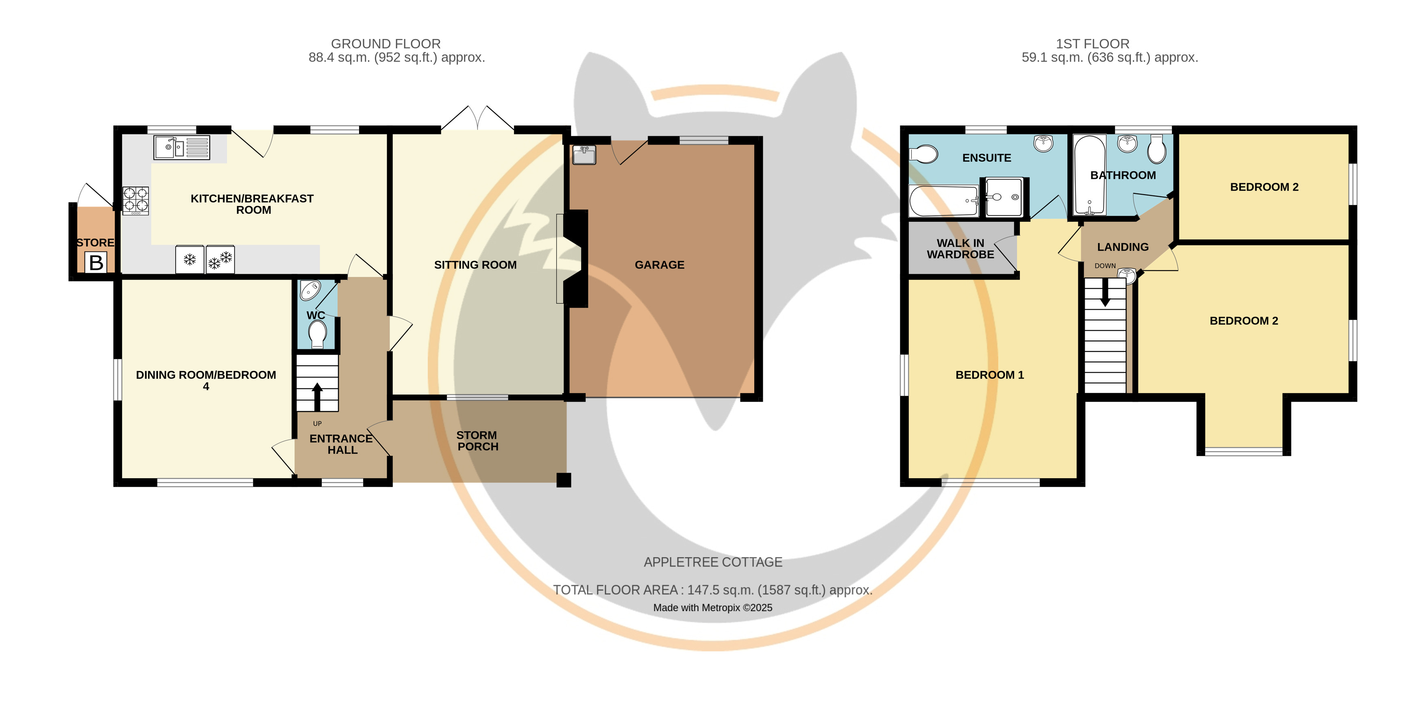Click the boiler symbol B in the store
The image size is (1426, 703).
tap(96, 262)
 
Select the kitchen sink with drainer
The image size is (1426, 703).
tap(182, 147)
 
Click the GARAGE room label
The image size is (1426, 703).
tap(659, 265)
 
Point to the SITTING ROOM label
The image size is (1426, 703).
tap(475, 265)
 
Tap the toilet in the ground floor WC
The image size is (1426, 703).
tap(317, 334)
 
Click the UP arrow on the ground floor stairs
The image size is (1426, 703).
tap(317, 397)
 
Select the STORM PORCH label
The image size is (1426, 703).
tap(477, 441)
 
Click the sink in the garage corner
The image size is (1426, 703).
tap(584, 155)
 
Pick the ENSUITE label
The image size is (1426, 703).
tap(986, 158)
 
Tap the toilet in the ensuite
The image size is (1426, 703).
tap(923, 154)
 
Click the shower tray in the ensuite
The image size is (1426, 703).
tap(1004, 197)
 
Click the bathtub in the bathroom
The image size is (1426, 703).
tap(1089, 175)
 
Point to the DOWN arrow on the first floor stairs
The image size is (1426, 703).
tap(1105, 293)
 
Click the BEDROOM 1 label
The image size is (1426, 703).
tap(990, 375)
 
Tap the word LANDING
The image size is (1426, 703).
tap(1123, 247)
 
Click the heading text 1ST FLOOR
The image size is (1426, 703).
tap(1092, 44)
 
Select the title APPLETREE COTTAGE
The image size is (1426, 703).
tap(713, 562)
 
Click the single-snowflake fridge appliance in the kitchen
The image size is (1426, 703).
tap(190, 259)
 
